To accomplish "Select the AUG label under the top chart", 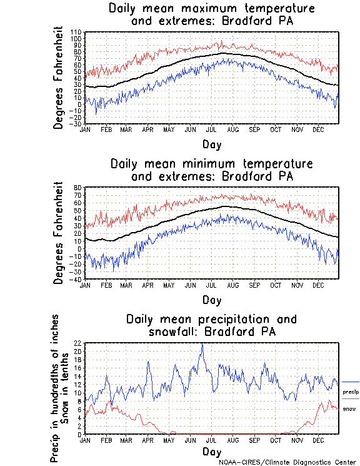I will pos(232,129).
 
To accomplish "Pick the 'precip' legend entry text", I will pos(351,392).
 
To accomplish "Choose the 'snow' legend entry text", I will pos(349,408).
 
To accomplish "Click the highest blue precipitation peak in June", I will pos(201,345).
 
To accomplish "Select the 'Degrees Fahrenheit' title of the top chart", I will pos(59,77).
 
